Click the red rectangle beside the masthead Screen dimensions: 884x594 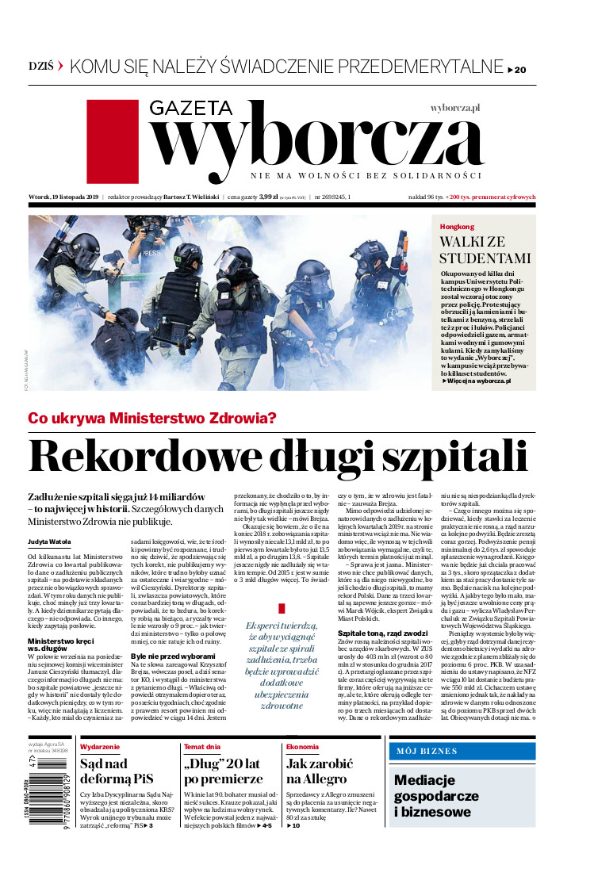111,143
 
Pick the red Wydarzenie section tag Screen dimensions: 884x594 101,747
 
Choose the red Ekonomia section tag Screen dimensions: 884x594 302,747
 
